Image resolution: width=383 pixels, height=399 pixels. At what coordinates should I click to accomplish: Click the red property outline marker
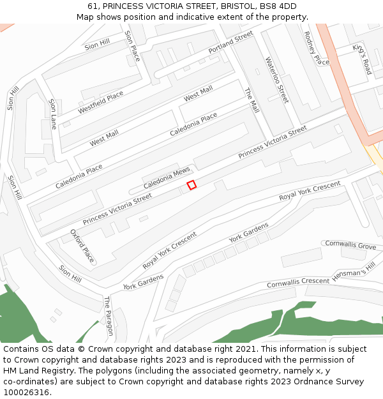tap(191, 185)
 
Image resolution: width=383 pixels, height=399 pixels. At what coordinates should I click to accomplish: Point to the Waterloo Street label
tap(277, 80)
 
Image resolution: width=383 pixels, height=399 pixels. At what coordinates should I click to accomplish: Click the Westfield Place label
tap(101, 103)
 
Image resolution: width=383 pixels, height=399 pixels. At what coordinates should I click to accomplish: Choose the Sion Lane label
tap(53, 114)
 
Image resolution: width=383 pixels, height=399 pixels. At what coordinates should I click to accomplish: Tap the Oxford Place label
tap(83, 246)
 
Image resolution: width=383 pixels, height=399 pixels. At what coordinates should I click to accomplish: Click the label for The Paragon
tap(109, 316)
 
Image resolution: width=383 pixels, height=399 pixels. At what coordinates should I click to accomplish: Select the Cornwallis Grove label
tap(350, 245)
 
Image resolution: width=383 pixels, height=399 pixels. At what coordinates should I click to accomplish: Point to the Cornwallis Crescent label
tap(297, 282)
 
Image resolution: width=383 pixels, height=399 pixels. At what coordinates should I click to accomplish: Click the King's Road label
tap(362, 59)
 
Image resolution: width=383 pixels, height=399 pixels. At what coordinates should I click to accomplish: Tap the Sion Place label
tap(132, 46)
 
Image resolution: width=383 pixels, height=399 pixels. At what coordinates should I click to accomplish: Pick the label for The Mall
tap(252, 100)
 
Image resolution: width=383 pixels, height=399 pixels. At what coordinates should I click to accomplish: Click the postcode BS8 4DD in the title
tap(278, 6)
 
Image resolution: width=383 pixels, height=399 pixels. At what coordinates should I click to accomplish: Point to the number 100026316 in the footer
tap(25, 393)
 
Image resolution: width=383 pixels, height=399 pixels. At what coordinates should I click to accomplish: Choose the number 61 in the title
tap(93, 6)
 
